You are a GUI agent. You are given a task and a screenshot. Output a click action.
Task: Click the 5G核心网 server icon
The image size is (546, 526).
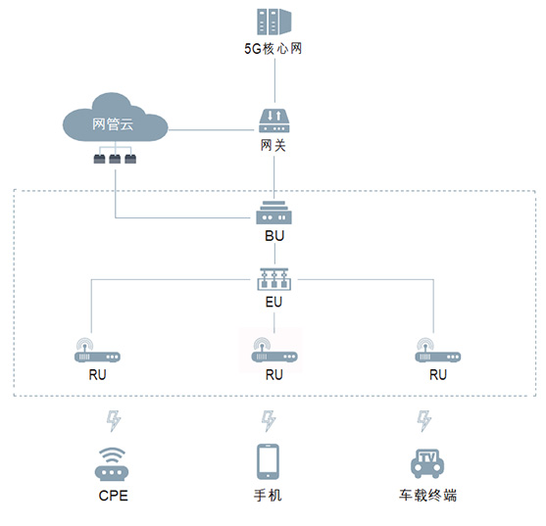pyautogui.click(x=274, y=22)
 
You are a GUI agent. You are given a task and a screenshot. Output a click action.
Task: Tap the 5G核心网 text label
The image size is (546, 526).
pyautogui.click(x=273, y=49)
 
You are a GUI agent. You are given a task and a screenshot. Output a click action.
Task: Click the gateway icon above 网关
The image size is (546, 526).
pyautogui.click(x=274, y=121)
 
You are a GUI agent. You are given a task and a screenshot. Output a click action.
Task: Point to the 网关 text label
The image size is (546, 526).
pyautogui.click(x=273, y=145)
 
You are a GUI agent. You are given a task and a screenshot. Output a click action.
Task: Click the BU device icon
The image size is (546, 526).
pyautogui.click(x=274, y=213)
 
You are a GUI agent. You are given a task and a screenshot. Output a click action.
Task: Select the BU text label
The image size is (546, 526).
pyautogui.click(x=274, y=236)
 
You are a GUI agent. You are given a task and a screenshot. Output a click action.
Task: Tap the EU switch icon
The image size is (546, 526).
pyautogui.click(x=274, y=279)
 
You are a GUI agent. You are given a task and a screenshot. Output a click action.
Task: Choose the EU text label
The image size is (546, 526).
pyautogui.click(x=273, y=302)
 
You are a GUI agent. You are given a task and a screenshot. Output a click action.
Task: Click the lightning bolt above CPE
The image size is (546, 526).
pyautogui.click(x=114, y=421)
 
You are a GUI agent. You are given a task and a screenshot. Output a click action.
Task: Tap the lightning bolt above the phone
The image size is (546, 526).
pyautogui.click(x=269, y=421)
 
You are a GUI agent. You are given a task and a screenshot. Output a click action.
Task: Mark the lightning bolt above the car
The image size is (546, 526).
pyautogui.click(x=424, y=421)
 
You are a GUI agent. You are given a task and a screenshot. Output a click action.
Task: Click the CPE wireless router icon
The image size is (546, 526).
pyautogui.click(x=112, y=464)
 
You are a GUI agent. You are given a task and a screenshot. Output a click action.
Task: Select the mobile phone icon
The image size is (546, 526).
pyautogui.click(x=268, y=462)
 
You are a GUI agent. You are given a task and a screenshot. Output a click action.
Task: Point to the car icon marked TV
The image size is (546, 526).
pyautogui.click(x=427, y=463)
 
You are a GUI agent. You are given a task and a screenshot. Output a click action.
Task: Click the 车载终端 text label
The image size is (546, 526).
pyautogui.click(x=428, y=495)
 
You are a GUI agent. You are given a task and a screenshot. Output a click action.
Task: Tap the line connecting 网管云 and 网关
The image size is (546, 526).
pyautogui.click(x=212, y=130)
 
